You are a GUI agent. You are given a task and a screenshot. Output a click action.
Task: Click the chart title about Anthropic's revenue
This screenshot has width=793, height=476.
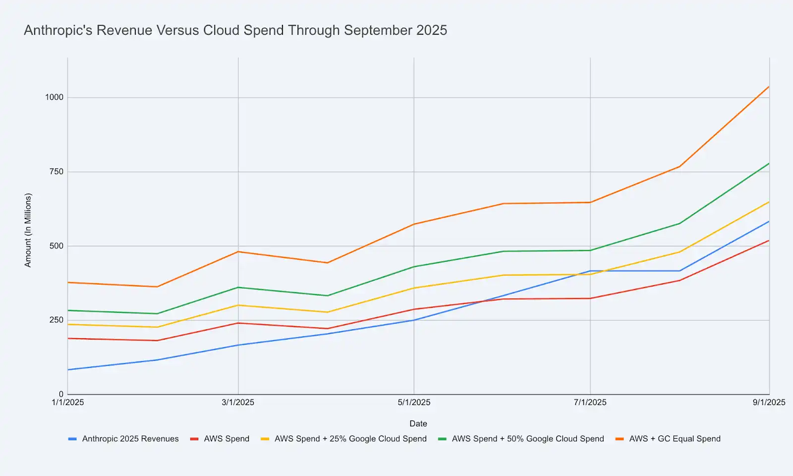(235, 30)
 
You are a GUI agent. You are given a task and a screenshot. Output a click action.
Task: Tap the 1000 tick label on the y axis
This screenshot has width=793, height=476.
(55, 97)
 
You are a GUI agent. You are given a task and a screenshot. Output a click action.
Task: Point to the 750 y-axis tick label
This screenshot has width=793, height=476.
(57, 172)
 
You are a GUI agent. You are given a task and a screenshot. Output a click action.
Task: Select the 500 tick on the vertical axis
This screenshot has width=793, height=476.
(57, 246)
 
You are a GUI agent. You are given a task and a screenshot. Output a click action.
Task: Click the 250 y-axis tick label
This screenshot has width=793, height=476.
(57, 320)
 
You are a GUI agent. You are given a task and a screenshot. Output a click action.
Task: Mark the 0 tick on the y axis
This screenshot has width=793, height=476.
(61, 394)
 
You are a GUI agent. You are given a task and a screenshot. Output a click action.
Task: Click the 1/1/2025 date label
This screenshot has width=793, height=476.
(68, 402)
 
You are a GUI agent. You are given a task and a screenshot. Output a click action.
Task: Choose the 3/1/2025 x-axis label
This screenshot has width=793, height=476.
(238, 402)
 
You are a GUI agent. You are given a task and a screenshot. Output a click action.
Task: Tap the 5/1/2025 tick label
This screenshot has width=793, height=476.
(414, 402)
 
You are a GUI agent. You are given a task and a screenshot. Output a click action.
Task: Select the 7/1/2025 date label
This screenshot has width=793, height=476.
(590, 402)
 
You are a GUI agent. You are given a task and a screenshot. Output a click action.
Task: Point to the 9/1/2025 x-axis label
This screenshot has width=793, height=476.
(769, 402)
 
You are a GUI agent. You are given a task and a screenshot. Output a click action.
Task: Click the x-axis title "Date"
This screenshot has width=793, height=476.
(418, 423)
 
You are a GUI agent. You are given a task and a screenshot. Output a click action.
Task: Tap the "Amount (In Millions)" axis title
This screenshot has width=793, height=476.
(28, 230)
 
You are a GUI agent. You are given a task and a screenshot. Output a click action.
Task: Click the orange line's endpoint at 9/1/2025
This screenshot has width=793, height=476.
(769, 87)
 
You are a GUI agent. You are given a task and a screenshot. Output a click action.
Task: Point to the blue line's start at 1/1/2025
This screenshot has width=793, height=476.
(68, 369)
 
